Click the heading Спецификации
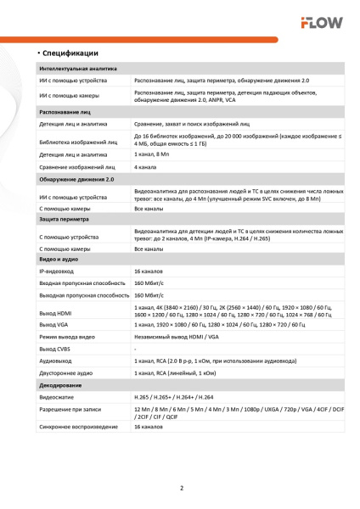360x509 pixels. pyautogui.click(x=70, y=53)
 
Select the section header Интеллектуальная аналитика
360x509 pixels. pyautogui.click(x=78, y=69)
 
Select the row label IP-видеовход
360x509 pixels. pyautogui.click(x=59, y=271)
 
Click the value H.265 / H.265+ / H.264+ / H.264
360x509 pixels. pyautogui.click(x=182, y=397)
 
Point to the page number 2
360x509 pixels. pyautogui.click(x=181, y=487)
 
